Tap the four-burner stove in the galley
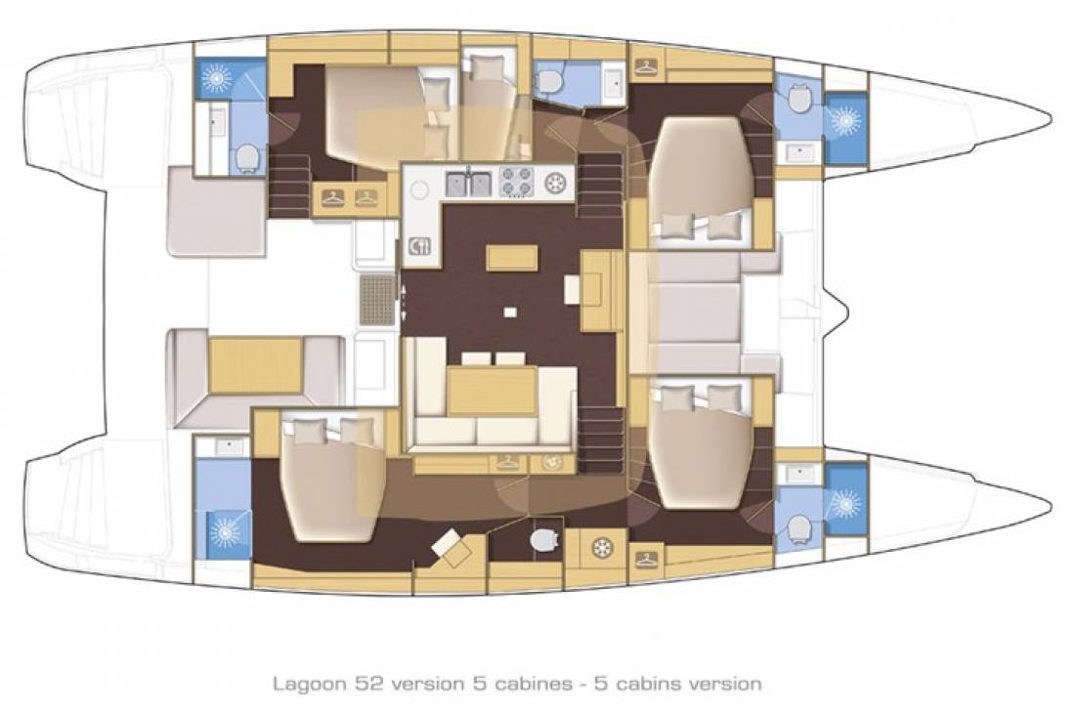coord(516,182)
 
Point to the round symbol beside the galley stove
coord(557,182)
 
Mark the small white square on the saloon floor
coord(509,313)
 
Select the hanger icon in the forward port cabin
coord(645,67)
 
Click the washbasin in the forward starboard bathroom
coord(799,475)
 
